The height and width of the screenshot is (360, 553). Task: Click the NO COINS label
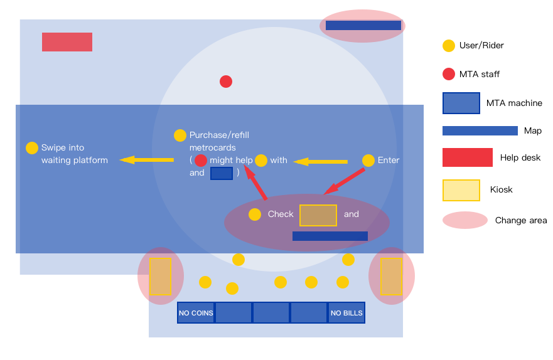196,313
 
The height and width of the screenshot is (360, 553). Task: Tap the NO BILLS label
346,313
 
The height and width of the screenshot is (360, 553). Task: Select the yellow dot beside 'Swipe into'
32,148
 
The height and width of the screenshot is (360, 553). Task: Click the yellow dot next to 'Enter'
368,161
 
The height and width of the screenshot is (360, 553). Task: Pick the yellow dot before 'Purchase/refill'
180,135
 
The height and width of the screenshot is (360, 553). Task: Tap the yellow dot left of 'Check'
255,214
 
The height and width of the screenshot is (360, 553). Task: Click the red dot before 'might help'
201,161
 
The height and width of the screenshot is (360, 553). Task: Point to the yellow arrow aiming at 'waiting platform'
146,160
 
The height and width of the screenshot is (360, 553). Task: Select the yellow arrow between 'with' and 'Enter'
320,162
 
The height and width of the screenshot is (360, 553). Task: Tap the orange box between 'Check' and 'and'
318,215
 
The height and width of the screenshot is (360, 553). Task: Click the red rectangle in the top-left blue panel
67,42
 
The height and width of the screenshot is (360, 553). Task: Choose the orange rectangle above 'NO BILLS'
391,276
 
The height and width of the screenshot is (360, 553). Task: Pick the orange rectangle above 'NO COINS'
161,276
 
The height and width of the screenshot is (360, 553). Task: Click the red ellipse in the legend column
465,220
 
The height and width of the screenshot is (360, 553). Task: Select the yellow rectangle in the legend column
461,191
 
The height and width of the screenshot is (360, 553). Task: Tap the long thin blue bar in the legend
480,131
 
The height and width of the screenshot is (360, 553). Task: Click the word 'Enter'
389,161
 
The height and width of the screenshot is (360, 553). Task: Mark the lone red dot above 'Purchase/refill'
226,82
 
